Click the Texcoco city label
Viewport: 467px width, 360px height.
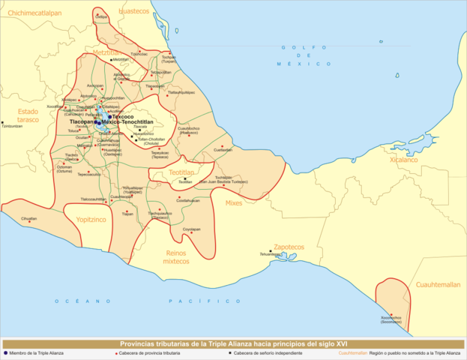click(124, 116)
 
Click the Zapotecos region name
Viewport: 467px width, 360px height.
click(288, 246)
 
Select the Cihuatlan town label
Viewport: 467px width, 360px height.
click(29, 218)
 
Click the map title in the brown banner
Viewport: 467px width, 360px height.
click(233, 343)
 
